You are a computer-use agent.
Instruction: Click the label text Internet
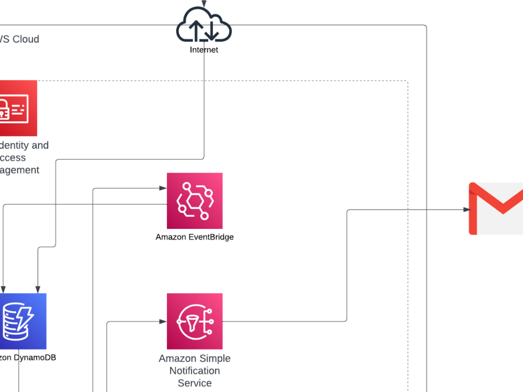point(204,50)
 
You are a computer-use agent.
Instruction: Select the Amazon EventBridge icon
point(195,201)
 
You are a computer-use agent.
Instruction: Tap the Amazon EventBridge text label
point(195,237)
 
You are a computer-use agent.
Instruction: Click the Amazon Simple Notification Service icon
point(195,321)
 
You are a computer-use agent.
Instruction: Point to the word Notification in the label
point(195,371)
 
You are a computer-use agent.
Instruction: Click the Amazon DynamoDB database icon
point(21,321)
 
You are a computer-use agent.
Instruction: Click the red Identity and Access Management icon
point(16,108)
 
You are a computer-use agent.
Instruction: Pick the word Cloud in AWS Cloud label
point(26,39)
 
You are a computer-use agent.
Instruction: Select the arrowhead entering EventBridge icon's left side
point(163,187)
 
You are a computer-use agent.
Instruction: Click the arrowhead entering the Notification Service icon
point(163,321)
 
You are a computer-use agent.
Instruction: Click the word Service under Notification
point(195,383)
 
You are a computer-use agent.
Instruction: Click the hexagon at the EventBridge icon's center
point(194,200)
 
